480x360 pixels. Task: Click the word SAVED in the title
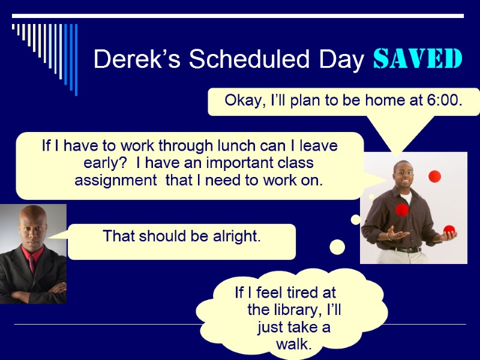point(418,59)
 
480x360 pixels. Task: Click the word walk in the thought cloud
point(294,344)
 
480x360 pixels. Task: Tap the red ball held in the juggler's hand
point(449,230)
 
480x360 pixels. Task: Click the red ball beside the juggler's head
point(434,176)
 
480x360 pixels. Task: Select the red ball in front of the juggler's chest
point(401,210)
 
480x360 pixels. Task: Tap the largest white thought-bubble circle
point(338,247)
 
